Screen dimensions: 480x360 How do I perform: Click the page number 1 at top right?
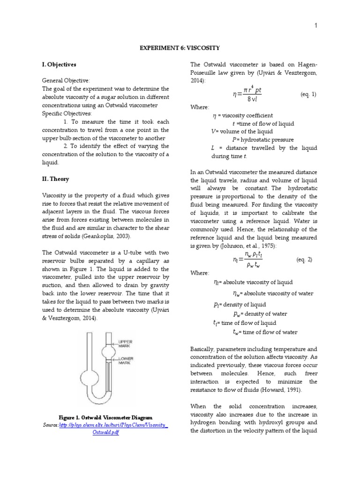316,26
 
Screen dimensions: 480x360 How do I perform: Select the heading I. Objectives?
59,64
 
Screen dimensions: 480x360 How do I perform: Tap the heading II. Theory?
55,179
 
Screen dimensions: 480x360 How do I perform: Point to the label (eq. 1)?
308,94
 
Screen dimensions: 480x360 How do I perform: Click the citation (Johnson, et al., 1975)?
240,246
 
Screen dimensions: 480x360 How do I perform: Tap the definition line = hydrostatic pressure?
263,140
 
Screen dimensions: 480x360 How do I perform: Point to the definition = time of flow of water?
265,332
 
